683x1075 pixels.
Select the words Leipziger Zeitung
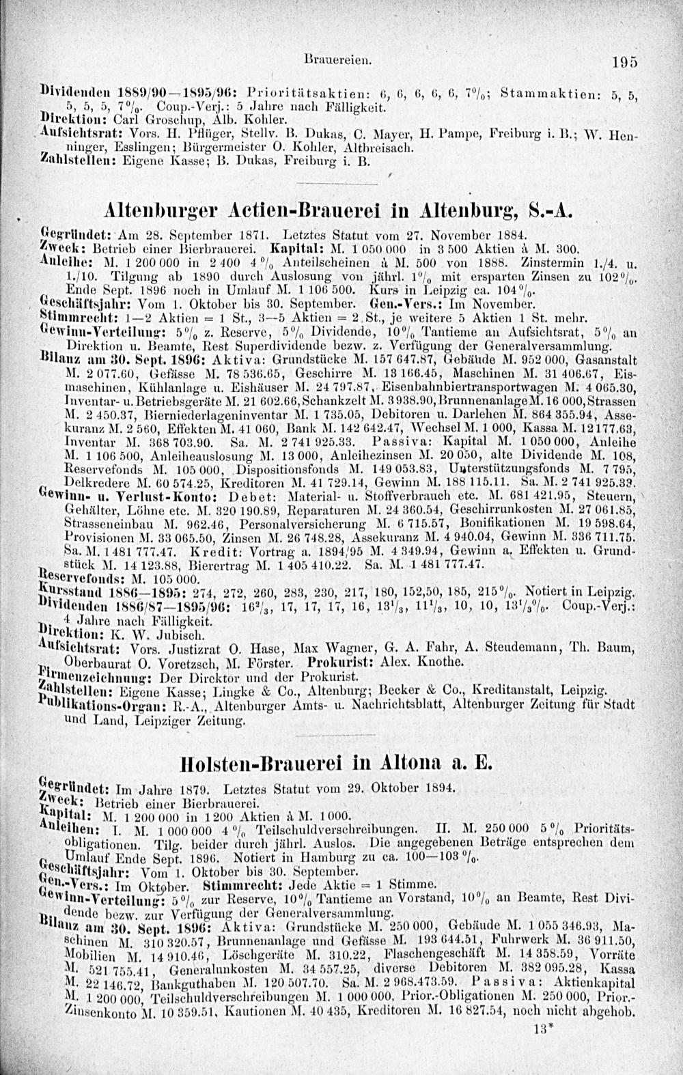tap(189, 720)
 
